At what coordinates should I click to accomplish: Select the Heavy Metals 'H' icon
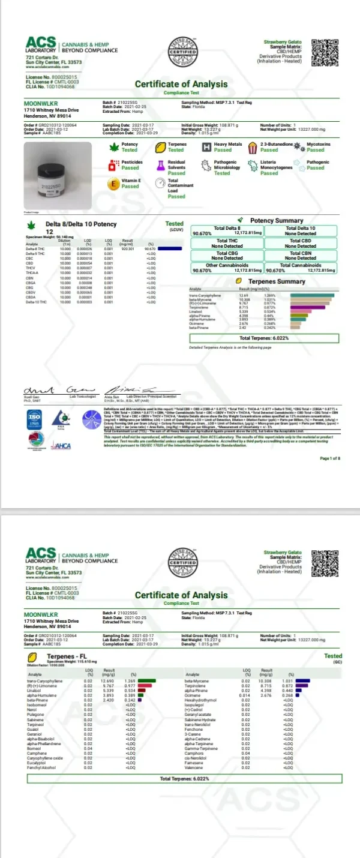click(206, 147)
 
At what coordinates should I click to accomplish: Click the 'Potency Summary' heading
click(276, 221)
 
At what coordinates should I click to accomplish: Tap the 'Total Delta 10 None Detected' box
click(301, 231)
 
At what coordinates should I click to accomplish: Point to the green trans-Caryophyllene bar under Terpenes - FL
click(147, 681)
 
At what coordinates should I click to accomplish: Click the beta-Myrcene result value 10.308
click(266, 681)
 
